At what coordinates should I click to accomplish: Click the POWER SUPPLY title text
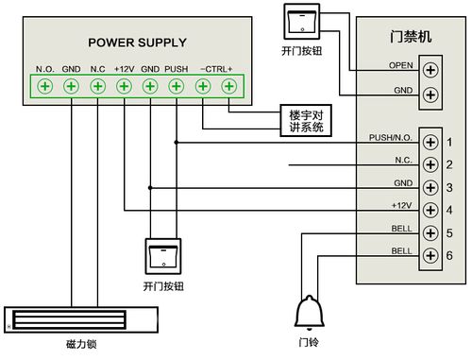(x=137, y=43)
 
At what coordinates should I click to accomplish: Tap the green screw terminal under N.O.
(x=44, y=87)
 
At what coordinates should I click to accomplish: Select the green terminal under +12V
(x=124, y=87)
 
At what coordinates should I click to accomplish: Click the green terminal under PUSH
(x=176, y=87)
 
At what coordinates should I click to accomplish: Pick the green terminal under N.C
(x=97, y=87)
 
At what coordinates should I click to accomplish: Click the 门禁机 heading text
(x=411, y=38)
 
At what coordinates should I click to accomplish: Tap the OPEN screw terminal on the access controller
(x=430, y=70)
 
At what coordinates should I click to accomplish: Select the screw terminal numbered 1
(x=430, y=143)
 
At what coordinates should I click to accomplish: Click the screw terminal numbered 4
(x=430, y=210)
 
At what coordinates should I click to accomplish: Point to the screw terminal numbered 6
(x=430, y=255)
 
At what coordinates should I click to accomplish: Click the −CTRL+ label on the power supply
(x=215, y=69)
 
